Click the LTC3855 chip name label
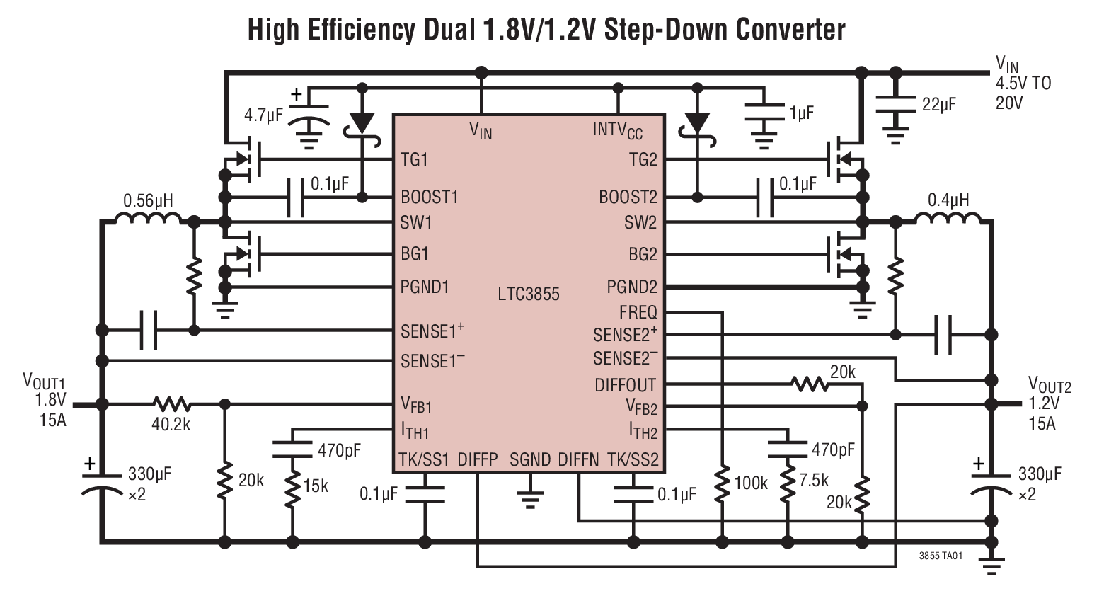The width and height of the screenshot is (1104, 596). pyautogui.click(x=528, y=294)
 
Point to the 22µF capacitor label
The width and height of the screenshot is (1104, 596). pyautogui.click(x=938, y=105)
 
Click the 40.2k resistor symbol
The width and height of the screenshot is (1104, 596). pyautogui.click(x=171, y=404)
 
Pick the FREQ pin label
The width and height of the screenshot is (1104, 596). pyautogui.click(x=638, y=312)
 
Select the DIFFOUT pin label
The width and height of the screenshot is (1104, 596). pyautogui.click(x=625, y=385)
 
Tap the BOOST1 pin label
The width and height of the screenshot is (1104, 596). pyautogui.click(x=430, y=197)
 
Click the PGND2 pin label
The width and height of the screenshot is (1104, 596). pyautogui.click(x=631, y=287)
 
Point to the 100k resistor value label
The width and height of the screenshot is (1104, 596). pyautogui.click(x=750, y=483)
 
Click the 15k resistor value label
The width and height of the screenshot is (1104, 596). pyautogui.click(x=316, y=486)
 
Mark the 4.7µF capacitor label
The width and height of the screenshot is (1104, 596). pyautogui.click(x=263, y=115)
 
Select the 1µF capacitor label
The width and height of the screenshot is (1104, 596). pyautogui.click(x=801, y=113)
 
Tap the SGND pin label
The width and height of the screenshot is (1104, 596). pyautogui.click(x=529, y=460)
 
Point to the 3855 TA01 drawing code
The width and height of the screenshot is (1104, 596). pyautogui.click(x=941, y=556)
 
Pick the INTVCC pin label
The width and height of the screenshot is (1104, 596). pyautogui.click(x=617, y=130)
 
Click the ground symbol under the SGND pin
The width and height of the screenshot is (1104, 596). pyautogui.click(x=529, y=498)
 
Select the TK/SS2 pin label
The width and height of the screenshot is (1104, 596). pyautogui.click(x=633, y=460)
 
